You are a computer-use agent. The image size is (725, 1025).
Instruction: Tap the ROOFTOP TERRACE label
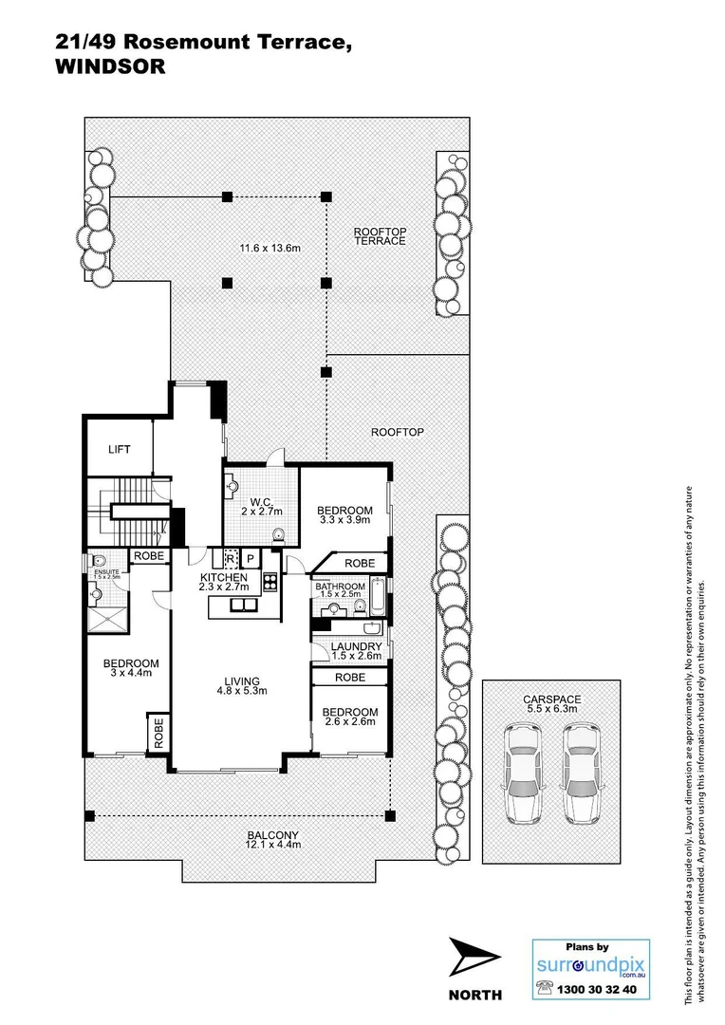[380, 236]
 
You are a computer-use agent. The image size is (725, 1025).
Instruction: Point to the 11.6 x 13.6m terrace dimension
[270, 250]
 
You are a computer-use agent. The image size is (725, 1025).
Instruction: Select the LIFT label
[119, 450]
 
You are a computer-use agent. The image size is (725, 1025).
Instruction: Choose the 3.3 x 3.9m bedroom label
[344, 515]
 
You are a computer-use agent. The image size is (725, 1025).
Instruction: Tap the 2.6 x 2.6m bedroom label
[350, 717]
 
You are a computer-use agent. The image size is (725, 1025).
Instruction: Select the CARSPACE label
[551, 703]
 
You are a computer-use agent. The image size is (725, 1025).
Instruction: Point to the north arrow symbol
[474, 959]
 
